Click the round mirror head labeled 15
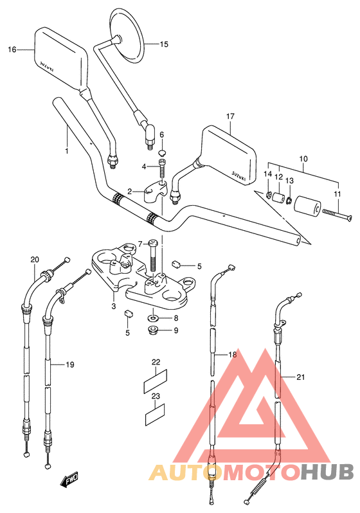point(127,35)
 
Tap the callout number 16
point(12,50)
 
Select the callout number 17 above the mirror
point(230,116)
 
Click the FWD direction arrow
point(69,481)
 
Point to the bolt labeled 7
point(153,255)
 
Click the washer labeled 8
point(153,318)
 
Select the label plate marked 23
point(155,415)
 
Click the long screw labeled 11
point(337,216)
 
